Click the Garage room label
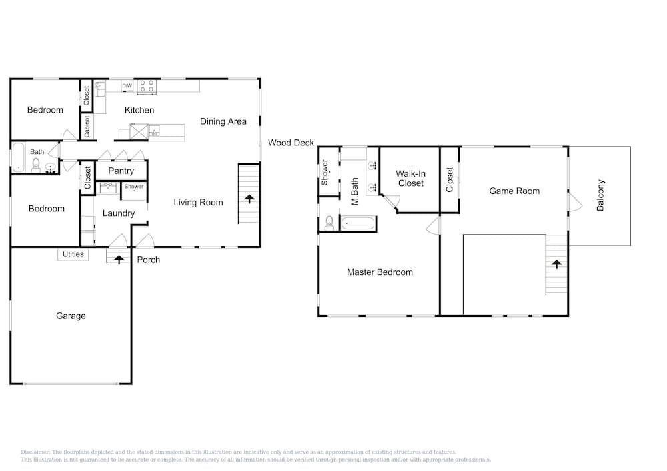71,316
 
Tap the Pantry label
121,171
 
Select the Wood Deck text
291,143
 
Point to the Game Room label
514,191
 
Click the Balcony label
600,195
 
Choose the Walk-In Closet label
410,179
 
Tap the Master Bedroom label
380,272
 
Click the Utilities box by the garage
73,254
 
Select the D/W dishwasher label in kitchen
127,86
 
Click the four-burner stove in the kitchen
147,86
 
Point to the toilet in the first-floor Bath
36,165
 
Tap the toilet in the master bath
329,223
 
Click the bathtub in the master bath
358,223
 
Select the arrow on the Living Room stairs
249,199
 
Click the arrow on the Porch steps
119,260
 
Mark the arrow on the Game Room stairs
556,264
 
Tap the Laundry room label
119,213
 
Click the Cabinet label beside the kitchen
87,127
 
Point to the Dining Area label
223,121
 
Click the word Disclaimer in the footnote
35,452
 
